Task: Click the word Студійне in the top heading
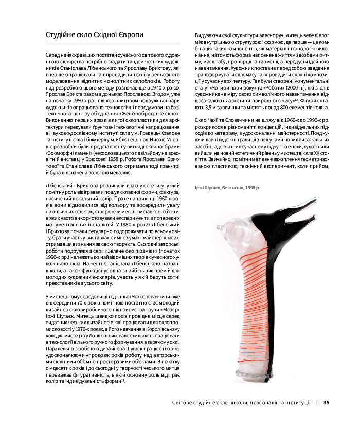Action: click(61, 35)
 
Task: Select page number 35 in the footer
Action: click(326, 403)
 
